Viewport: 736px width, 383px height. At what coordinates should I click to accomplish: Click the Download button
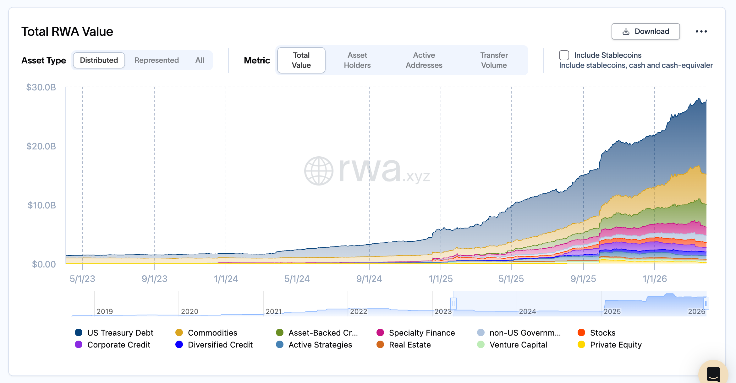645,31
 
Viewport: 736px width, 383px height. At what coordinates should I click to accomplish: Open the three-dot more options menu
701,31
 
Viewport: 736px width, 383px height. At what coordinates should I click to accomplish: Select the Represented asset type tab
157,60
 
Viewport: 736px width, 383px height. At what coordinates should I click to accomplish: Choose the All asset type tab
200,60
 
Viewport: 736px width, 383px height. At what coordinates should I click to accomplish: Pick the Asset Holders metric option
357,60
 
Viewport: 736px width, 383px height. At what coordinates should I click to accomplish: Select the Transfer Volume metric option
494,60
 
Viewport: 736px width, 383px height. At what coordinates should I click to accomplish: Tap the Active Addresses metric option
424,60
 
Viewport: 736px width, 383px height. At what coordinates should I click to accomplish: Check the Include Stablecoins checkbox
564,55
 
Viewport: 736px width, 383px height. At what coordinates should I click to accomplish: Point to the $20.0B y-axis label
41,146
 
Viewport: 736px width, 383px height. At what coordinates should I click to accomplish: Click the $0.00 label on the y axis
44,264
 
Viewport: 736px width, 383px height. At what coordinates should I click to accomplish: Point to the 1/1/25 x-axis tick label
441,279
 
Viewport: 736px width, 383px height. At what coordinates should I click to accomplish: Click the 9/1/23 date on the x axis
154,279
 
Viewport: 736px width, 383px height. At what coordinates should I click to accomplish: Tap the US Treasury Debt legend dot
79,332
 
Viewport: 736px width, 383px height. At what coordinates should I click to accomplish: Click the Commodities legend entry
212,333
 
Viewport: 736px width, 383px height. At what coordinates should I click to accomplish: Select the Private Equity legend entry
616,345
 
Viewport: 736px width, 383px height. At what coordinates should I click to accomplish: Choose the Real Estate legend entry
410,345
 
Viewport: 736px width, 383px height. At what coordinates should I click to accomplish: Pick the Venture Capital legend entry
518,345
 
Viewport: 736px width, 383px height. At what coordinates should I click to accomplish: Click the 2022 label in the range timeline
359,311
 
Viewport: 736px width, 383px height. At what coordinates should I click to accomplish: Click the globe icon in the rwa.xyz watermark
319,171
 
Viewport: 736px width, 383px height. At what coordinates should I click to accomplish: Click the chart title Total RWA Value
67,31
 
